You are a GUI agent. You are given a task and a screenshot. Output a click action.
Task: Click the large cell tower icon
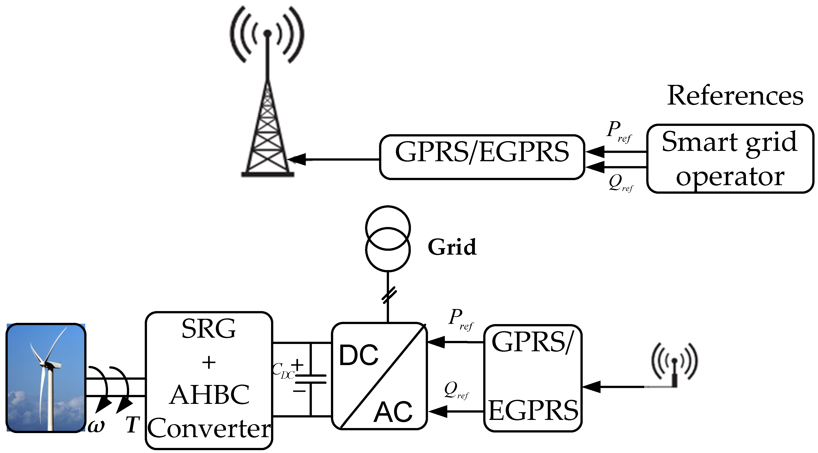[x=267, y=95]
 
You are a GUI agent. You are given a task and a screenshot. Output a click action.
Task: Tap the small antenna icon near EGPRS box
[x=674, y=365]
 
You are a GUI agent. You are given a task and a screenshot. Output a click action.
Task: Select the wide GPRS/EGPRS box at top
[x=482, y=157]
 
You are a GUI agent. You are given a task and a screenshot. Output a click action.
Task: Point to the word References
[x=735, y=96]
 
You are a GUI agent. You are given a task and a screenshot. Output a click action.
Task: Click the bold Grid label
[x=452, y=247]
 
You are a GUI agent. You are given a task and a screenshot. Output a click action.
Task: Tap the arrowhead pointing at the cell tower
[x=297, y=159]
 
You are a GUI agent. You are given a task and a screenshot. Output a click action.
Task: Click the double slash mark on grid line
[x=389, y=295]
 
